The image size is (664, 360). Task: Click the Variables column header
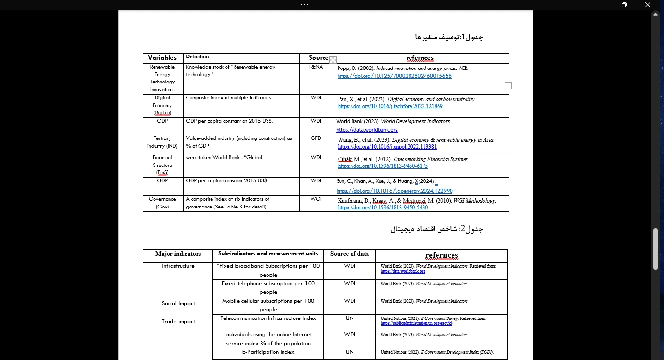(x=162, y=58)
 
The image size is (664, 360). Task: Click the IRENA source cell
(x=316, y=67)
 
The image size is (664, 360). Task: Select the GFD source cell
(x=316, y=138)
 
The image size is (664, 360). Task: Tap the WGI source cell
(x=316, y=199)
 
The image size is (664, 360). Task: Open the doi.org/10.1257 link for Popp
(x=394, y=76)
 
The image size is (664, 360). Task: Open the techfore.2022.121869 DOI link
(x=390, y=106)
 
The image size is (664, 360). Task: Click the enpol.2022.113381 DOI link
(x=387, y=147)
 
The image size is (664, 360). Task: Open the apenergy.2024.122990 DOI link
(x=395, y=191)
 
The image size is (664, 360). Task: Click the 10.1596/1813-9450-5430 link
(x=382, y=208)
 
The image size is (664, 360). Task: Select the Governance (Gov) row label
(x=162, y=203)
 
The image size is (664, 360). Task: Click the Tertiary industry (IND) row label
(x=162, y=142)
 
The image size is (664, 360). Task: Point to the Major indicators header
(x=178, y=254)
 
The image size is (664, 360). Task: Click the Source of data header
(x=349, y=254)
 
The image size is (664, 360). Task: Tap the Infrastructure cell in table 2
(x=178, y=266)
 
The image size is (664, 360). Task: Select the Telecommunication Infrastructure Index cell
(x=268, y=318)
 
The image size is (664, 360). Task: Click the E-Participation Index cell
(x=268, y=352)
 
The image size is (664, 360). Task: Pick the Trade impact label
(x=178, y=322)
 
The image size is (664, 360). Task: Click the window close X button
(x=648, y=5)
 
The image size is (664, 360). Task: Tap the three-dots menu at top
(x=304, y=4)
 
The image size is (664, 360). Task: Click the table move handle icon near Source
(x=333, y=59)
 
